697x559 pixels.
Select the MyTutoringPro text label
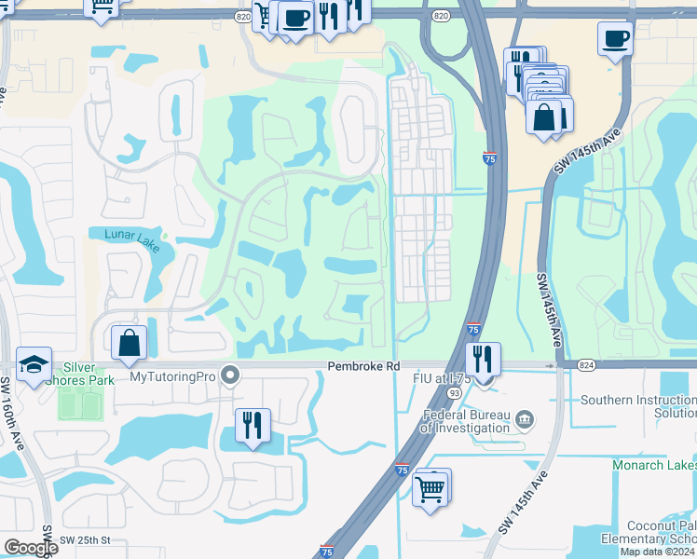click(x=172, y=377)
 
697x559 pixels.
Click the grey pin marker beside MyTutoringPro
click(x=231, y=377)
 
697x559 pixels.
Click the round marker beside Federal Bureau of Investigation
click(x=525, y=420)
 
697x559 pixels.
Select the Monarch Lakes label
click(x=654, y=465)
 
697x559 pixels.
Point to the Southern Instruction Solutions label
click(x=638, y=406)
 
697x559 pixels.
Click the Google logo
click(x=30, y=548)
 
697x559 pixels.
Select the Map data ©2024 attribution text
click(x=658, y=552)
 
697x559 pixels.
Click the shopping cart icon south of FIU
click(x=430, y=486)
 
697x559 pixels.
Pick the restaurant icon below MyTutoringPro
click(x=252, y=426)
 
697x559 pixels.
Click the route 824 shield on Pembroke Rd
click(x=585, y=364)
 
